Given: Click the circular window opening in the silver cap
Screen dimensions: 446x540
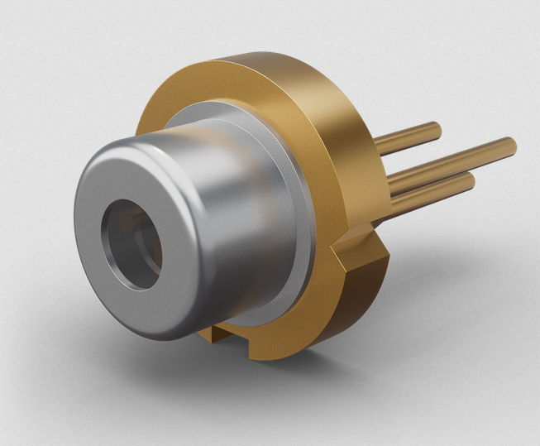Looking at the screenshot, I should (132, 245).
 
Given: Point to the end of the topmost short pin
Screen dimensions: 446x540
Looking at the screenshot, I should (436, 127).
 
